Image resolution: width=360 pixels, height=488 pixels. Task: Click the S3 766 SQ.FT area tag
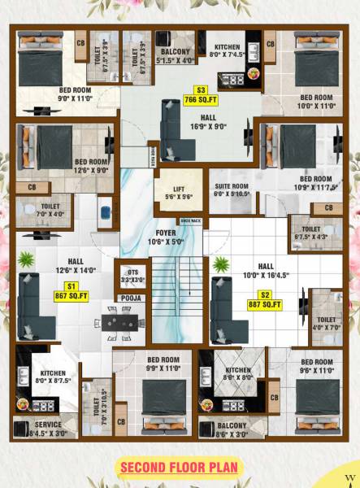tap(202, 94)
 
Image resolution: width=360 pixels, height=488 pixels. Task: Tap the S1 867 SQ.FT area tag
tap(72, 291)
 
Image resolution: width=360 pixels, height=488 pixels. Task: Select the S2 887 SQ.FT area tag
tap(265, 299)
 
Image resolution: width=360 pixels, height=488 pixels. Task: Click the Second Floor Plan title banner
tap(180, 467)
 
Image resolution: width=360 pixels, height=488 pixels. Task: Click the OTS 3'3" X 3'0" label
tap(131, 275)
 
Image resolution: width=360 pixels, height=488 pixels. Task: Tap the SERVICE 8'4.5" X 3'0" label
tap(48, 429)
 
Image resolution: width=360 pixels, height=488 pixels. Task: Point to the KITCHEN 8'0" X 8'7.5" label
tap(53, 377)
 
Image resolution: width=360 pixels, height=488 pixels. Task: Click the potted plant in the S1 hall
tap(26, 259)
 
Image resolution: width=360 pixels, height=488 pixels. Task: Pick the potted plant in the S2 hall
tap(220, 264)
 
